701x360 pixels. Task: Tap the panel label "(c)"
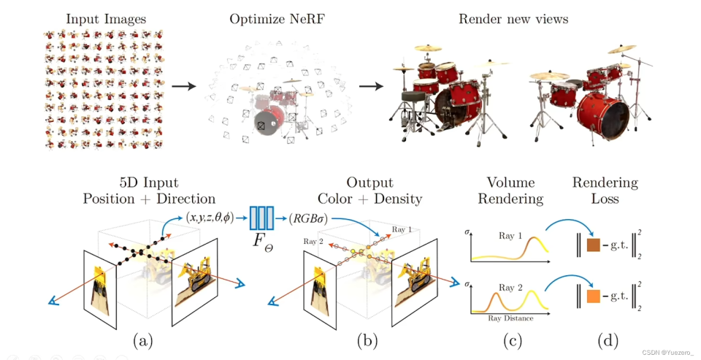(510, 340)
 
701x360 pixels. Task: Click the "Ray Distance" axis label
(510, 318)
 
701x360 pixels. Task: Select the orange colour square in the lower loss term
(593, 296)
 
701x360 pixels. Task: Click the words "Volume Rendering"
(511, 191)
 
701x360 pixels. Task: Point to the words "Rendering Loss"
(605, 191)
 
